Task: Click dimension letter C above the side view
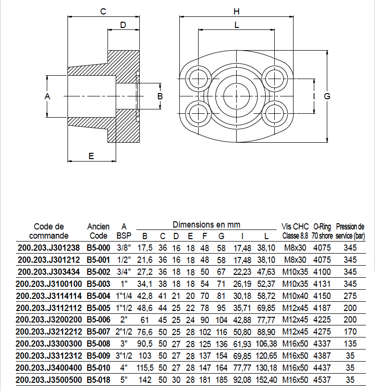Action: click(103, 12)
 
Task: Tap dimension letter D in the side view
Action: click(123, 25)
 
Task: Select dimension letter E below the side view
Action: click(91, 155)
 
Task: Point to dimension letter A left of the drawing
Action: click(47, 96)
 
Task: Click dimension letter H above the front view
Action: click(236, 12)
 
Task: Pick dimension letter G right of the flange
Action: click(327, 96)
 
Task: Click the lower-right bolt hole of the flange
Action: click(274, 113)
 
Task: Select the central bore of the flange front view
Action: click(236, 96)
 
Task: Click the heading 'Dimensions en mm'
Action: click(206, 225)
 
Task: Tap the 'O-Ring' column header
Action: click(321, 226)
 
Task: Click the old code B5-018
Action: click(98, 380)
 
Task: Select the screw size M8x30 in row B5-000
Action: click(295, 247)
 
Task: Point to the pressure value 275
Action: click(350, 296)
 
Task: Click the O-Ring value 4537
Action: click(321, 380)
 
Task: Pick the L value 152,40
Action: click(267, 380)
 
